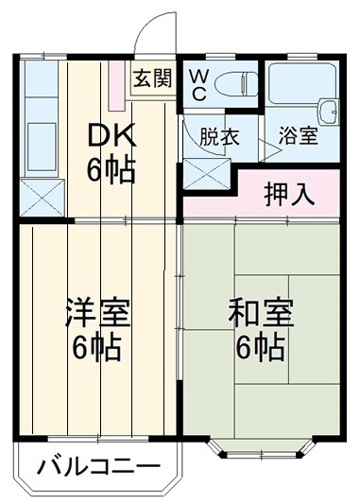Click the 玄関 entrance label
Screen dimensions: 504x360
pyautogui.click(x=152, y=79)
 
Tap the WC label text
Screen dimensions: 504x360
pyautogui.click(x=200, y=84)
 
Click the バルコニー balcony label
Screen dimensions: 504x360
pyautogui.click(x=99, y=466)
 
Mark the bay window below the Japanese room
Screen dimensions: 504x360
pyautogui.click(x=262, y=450)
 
